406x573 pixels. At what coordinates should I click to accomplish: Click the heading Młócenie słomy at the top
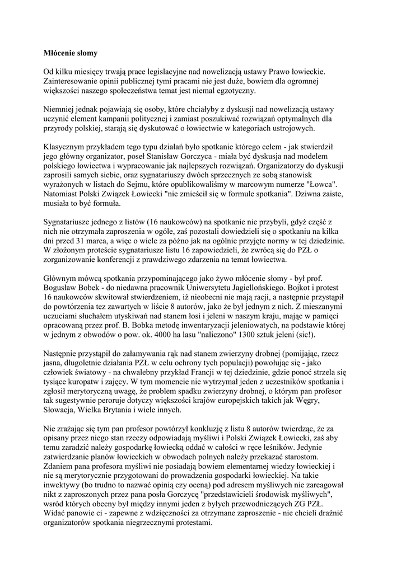tap(71, 53)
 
